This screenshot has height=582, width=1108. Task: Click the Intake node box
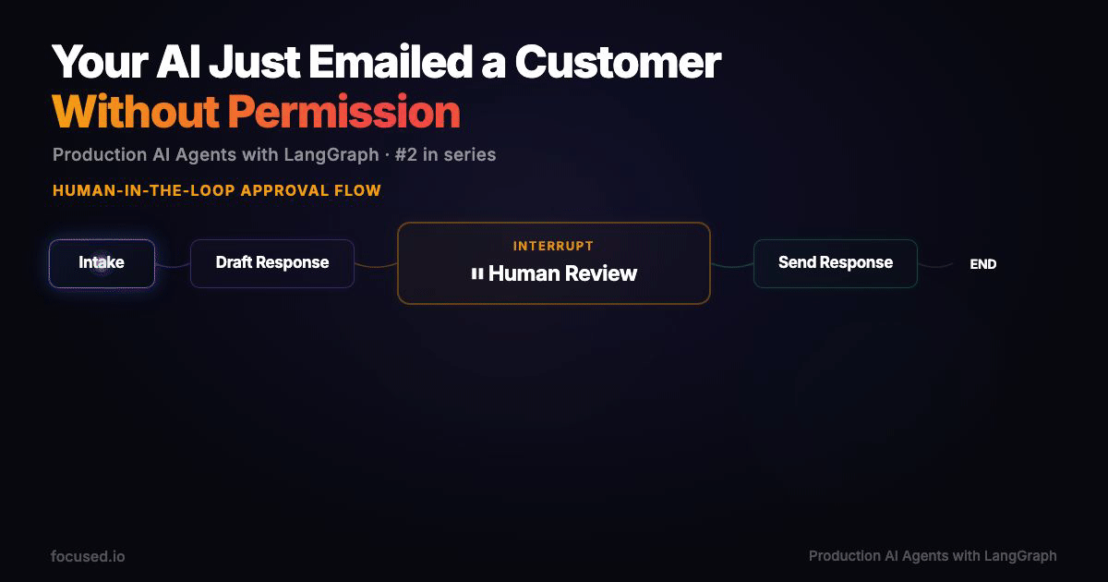coord(102,263)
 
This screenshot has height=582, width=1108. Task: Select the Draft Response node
coord(271,263)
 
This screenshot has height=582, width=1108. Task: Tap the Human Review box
coord(554,263)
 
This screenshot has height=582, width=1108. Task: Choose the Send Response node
coord(835,263)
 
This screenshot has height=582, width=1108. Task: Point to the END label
coord(982,264)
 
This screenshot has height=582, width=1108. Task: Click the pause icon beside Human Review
coord(477,273)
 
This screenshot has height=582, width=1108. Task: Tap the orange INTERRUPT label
coord(553,246)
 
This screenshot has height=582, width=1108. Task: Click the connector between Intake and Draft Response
coord(173,265)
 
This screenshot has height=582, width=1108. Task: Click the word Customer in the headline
coord(618,63)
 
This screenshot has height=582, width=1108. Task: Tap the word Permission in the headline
coord(343,112)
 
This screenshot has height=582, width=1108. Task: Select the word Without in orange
coord(135,112)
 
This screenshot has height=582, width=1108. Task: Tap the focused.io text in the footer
coord(88,556)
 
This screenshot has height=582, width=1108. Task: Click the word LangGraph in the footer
coord(1020,556)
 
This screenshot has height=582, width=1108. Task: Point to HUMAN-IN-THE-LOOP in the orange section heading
coord(144,191)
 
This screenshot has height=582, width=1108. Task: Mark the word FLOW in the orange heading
coord(360,191)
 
